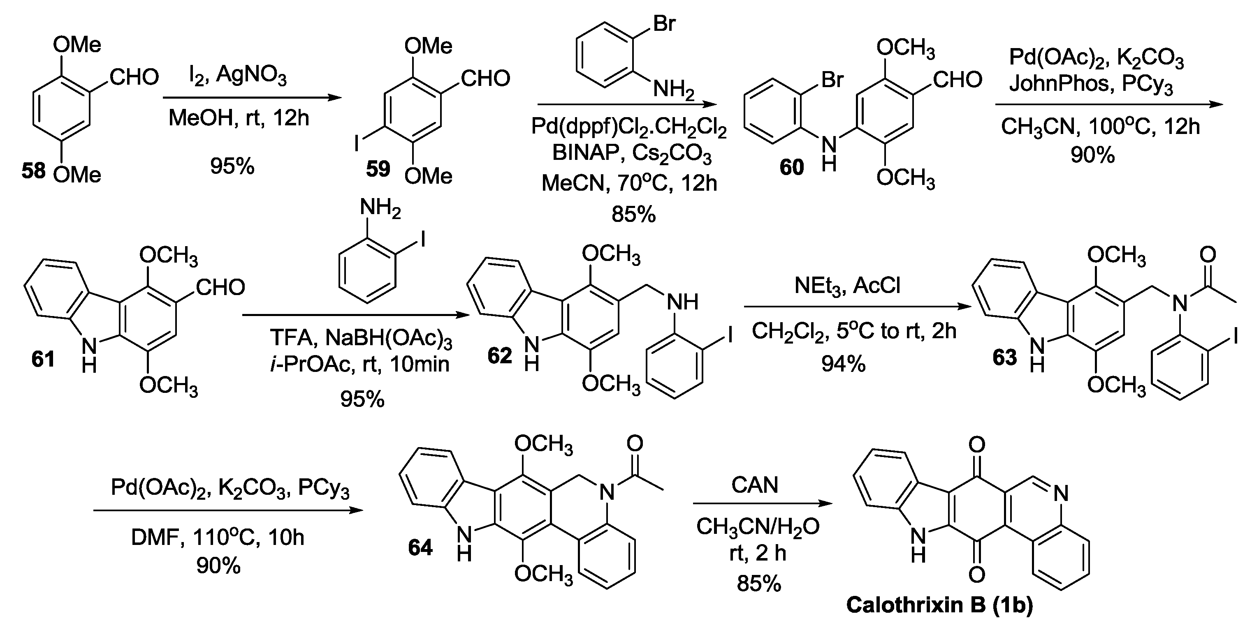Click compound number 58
click(x=33, y=171)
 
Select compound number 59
click(x=378, y=169)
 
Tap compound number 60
click(x=792, y=168)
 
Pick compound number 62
click(x=500, y=356)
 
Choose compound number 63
click(x=1004, y=357)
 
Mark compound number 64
click(x=420, y=547)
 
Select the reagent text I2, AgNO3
click(x=237, y=75)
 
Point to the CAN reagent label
click(x=754, y=485)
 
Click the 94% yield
click(x=843, y=364)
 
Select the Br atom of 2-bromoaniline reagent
click(x=664, y=23)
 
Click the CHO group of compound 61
click(x=220, y=288)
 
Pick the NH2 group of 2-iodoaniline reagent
click(x=380, y=208)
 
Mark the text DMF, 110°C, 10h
click(x=218, y=538)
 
